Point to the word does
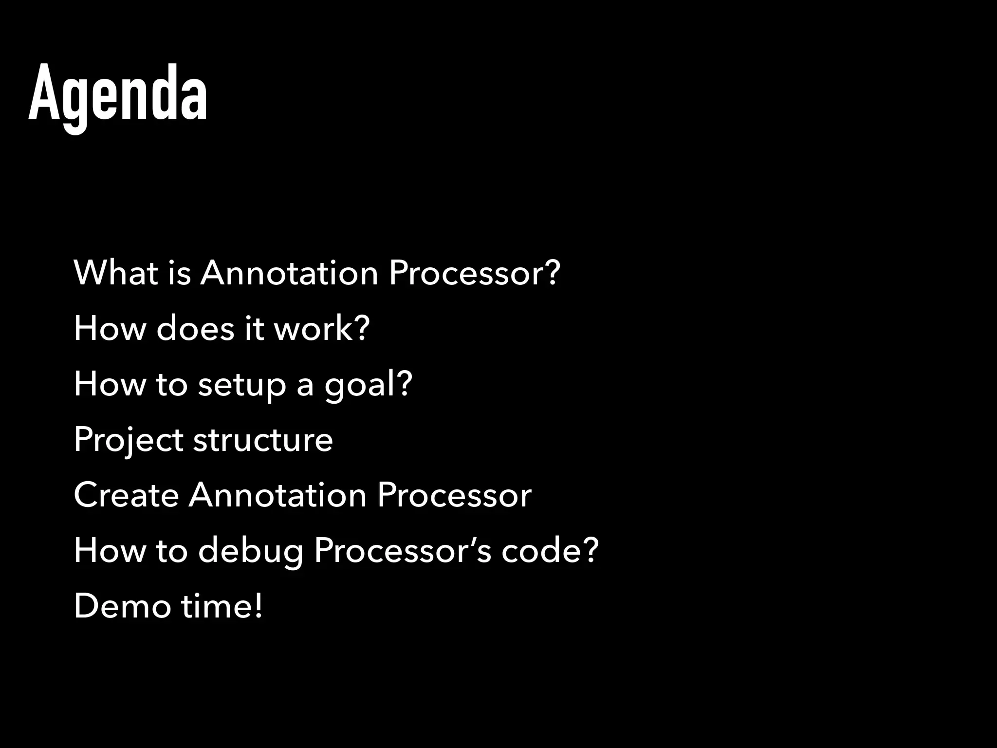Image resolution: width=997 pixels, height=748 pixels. pyautogui.click(x=195, y=328)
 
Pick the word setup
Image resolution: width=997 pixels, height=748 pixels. pyautogui.click(x=242, y=385)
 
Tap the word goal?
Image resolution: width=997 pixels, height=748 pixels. pyautogui.click(x=369, y=385)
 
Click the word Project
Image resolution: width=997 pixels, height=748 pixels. pyautogui.click(x=129, y=440)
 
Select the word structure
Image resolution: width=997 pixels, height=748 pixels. pyautogui.click(x=263, y=439)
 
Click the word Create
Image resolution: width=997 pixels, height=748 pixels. pyautogui.click(x=127, y=495)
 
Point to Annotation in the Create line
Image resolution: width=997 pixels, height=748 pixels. pyautogui.click(x=277, y=495)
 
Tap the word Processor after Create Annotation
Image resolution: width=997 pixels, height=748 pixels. pyautogui.click(x=454, y=495)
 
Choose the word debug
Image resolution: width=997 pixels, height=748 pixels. pyautogui.click(x=251, y=551)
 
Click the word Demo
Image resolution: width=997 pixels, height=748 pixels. pyautogui.click(x=122, y=606)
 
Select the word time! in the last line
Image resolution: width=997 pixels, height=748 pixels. pyautogui.click(x=222, y=606)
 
